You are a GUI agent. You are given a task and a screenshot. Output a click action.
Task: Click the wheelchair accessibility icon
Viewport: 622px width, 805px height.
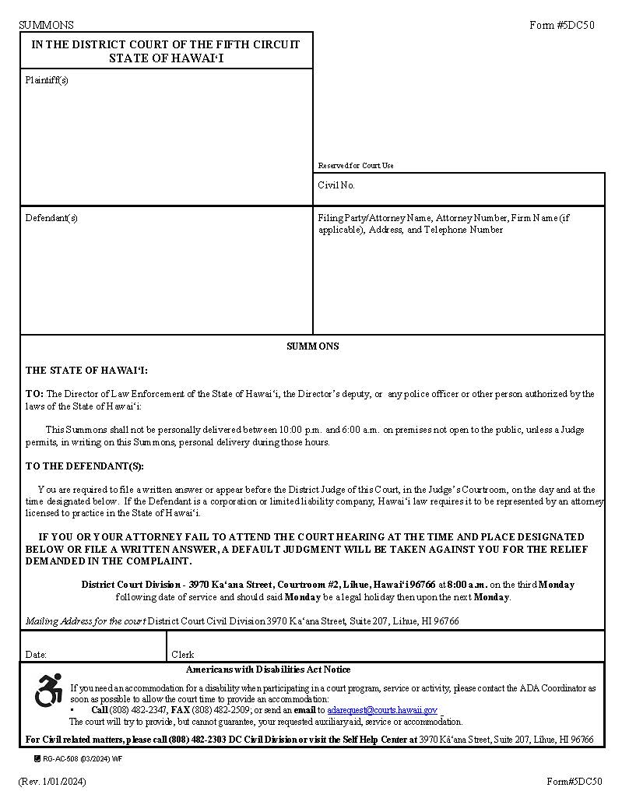(x=48, y=691)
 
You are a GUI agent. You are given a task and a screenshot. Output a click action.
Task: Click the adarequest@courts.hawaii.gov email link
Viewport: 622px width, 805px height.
(x=382, y=710)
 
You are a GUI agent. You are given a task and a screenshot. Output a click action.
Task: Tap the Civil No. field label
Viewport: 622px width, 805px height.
(x=336, y=185)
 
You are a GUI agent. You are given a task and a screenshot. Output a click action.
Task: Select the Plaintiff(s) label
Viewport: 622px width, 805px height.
(x=47, y=80)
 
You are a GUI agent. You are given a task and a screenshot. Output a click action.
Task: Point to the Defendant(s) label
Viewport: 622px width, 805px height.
(x=51, y=218)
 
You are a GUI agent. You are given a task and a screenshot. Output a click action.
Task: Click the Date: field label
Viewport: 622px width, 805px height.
(x=36, y=655)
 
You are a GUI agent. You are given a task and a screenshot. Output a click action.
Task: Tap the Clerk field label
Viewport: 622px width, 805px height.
(x=183, y=655)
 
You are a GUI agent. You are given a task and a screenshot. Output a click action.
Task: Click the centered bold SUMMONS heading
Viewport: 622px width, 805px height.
(x=312, y=346)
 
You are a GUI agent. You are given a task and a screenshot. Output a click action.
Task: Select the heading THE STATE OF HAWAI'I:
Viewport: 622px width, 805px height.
(x=86, y=371)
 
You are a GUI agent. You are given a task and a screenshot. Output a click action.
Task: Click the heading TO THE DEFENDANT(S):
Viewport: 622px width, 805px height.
(x=85, y=466)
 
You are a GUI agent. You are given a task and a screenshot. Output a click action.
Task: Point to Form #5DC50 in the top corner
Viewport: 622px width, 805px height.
(x=561, y=25)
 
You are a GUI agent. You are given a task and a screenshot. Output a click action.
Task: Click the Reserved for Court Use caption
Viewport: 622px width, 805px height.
(x=355, y=166)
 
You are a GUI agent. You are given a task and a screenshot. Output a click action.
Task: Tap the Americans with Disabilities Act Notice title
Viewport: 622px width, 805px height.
(x=268, y=670)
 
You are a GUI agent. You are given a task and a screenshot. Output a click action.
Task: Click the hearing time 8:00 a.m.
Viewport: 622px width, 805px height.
(x=467, y=585)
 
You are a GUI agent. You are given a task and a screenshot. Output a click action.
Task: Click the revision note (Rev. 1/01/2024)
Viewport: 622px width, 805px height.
(x=52, y=782)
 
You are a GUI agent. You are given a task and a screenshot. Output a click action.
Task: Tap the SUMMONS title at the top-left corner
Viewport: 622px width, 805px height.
(x=46, y=26)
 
